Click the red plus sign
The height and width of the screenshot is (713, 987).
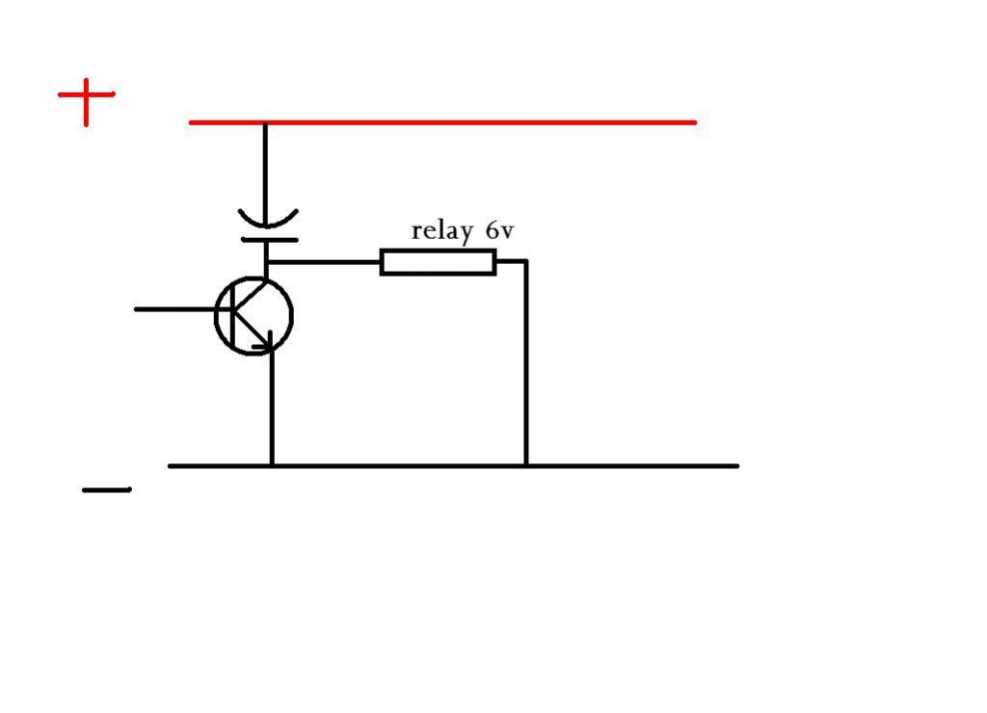[86, 95]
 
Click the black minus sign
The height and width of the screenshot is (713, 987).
[107, 489]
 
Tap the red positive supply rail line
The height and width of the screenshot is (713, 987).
[442, 122]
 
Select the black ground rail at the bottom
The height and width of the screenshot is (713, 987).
[453, 466]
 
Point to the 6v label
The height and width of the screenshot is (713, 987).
[500, 231]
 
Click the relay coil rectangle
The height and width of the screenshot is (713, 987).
[439, 262]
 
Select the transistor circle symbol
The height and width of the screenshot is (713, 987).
[254, 316]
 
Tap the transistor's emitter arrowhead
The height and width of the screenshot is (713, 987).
[266, 343]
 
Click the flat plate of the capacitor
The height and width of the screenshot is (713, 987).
[270, 240]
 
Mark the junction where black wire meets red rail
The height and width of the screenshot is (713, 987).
[265, 123]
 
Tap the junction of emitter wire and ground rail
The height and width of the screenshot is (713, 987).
[272, 465]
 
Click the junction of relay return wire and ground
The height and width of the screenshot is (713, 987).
[526, 465]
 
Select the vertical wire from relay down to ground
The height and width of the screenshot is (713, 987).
[526, 362]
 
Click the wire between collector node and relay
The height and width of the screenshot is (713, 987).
[324, 261]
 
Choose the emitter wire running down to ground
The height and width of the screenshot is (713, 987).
[272, 408]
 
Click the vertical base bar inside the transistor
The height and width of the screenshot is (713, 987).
[233, 315]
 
